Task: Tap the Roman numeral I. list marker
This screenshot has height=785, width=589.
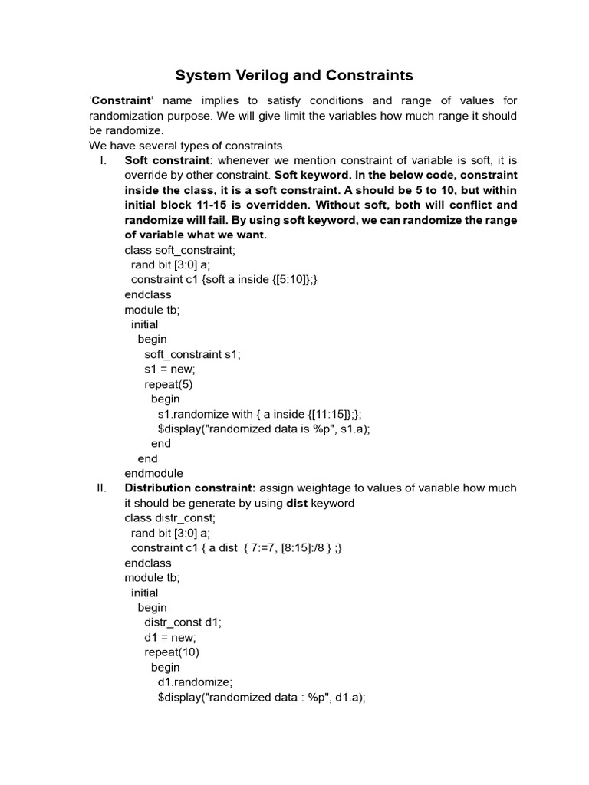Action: [x=102, y=160]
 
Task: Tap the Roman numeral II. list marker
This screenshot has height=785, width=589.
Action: [x=104, y=488]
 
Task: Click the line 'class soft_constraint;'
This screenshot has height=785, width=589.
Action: [x=179, y=250]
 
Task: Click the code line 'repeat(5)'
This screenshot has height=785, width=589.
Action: [x=169, y=384]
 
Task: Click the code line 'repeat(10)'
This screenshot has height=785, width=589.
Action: [x=173, y=652]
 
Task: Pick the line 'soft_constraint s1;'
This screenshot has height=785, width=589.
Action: [x=192, y=354]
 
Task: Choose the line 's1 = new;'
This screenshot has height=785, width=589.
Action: [x=169, y=370]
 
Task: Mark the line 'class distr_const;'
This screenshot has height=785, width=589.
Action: [x=170, y=518]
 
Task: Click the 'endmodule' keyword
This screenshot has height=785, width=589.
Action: [x=153, y=474]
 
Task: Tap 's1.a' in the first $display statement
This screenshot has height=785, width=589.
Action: [x=353, y=429]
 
